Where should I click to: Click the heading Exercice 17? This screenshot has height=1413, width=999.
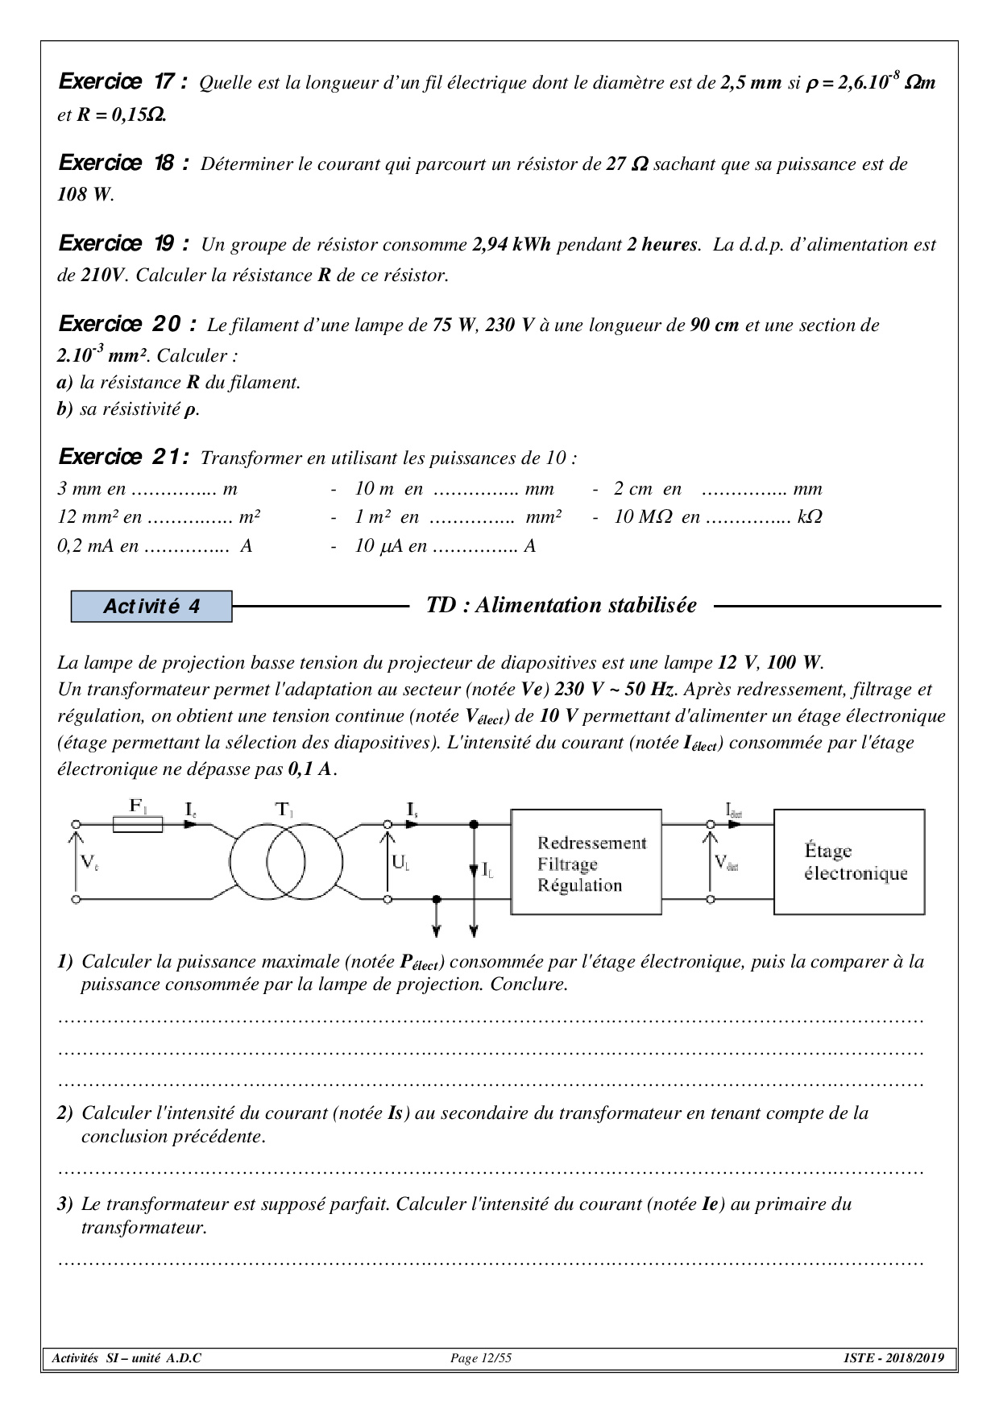(124, 82)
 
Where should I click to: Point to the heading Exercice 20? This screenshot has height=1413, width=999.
(127, 325)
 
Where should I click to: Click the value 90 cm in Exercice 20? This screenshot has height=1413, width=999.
(715, 325)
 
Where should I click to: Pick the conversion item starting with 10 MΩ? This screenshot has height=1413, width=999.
(717, 517)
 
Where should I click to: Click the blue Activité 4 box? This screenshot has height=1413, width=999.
(151, 607)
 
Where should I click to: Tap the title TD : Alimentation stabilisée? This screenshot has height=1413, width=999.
(561, 606)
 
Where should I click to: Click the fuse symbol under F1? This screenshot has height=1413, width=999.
(138, 824)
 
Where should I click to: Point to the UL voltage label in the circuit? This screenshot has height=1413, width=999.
(400, 862)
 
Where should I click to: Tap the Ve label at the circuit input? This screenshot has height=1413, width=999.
(89, 863)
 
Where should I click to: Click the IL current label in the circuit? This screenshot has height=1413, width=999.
(487, 869)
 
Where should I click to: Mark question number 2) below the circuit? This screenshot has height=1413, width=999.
(65, 1113)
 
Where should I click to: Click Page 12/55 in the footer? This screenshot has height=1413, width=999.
(481, 1359)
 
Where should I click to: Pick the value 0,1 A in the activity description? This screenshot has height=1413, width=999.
(310, 769)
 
